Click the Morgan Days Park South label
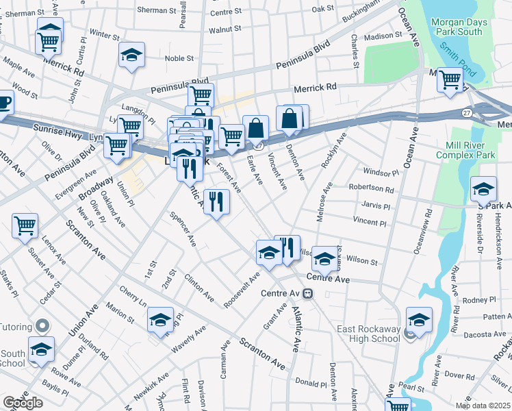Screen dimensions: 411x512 click(x=459, y=27)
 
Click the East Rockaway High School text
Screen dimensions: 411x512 click(x=368, y=334)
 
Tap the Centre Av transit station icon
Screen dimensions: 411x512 click(x=308, y=293)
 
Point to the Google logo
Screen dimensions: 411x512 click(x=23, y=403)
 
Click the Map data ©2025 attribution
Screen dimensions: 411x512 click(x=484, y=406)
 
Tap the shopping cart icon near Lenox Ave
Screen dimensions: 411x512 click(x=25, y=224)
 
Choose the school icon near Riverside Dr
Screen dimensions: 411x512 click(x=483, y=188)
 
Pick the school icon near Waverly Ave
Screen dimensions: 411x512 click(x=160, y=319)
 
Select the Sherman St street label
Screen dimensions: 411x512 click(x=156, y=10)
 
